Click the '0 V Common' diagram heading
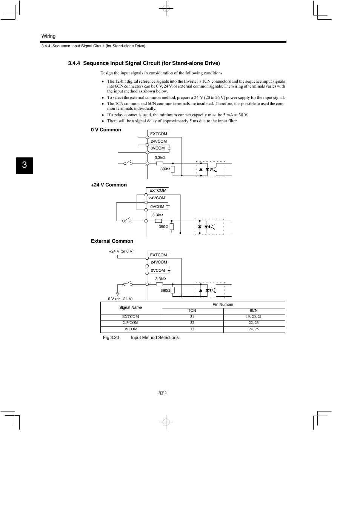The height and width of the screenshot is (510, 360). tap(106, 129)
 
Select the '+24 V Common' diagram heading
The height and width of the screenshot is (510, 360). tap(109, 185)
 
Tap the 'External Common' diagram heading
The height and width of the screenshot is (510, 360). tap(112, 241)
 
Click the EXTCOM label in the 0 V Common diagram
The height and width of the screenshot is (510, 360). tap(158, 134)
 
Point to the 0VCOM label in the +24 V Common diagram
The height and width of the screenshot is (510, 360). tap(157, 206)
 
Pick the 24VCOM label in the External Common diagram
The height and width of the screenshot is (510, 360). tap(159, 262)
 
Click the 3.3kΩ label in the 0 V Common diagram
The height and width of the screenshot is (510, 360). tap(160, 157)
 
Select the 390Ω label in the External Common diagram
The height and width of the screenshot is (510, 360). tap(165, 290)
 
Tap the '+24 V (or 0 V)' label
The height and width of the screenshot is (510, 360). tap(121, 251)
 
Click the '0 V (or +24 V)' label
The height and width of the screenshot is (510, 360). tap(120, 299)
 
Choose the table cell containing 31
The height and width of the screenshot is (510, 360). tap(192, 316)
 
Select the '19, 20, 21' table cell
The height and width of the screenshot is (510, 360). tap(254, 316)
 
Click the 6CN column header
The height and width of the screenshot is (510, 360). tap(254, 310)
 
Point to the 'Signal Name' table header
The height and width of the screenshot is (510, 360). tap(131, 307)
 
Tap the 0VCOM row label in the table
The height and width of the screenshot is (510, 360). tap(131, 329)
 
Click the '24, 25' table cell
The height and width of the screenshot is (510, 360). tap(254, 329)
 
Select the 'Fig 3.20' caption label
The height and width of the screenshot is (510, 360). tap(111, 337)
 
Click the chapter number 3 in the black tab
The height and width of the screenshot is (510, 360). tap(25, 165)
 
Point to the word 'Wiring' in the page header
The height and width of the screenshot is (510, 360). tap(48, 36)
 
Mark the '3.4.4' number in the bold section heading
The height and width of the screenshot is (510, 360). tap(74, 63)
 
